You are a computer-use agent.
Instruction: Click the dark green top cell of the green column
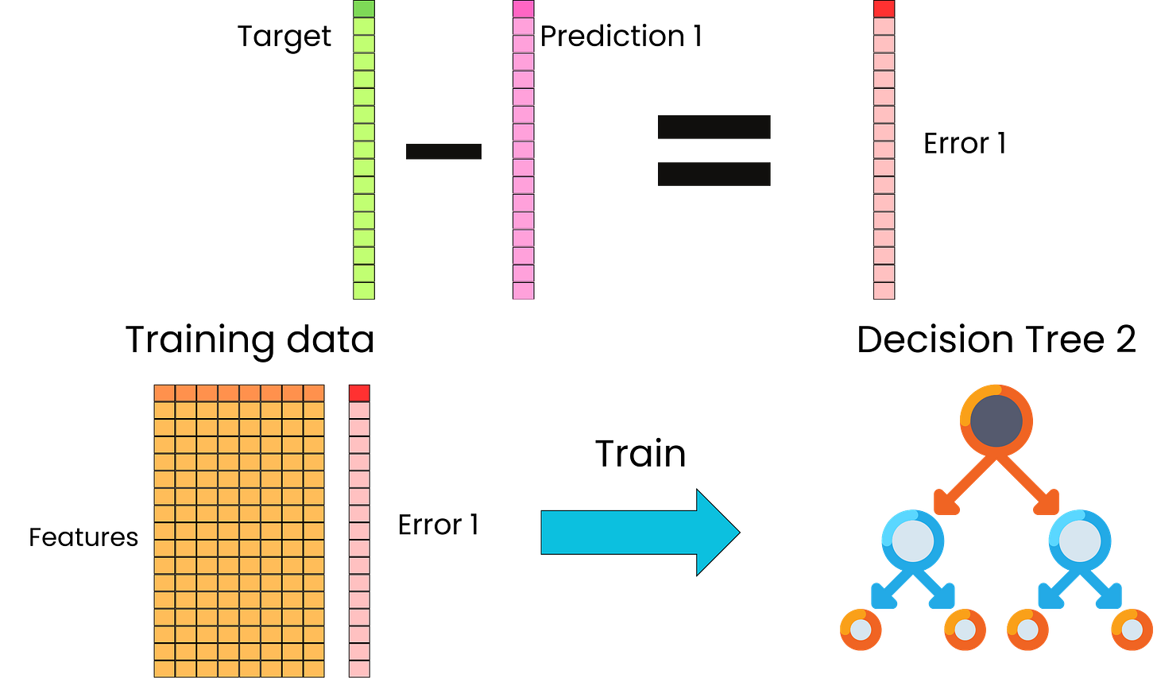[x=363, y=9]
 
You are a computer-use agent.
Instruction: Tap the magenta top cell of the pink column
[x=523, y=9]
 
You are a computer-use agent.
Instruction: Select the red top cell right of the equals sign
[x=883, y=9]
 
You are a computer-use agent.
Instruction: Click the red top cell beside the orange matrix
[x=359, y=393]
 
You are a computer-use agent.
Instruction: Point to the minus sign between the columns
[x=443, y=151]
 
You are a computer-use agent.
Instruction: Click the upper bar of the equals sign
[x=714, y=127]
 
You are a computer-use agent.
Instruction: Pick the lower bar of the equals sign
[x=714, y=174]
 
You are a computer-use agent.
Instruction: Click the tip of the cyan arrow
[x=734, y=532]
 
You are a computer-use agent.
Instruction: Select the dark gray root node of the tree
[x=996, y=420]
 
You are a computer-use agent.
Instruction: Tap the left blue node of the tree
[x=913, y=540]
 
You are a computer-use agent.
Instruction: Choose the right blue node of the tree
[x=1079, y=540]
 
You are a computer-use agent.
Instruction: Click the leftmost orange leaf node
[x=861, y=630]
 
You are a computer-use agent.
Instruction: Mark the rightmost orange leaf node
[x=1132, y=630]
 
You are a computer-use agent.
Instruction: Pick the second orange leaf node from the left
[x=965, y=630]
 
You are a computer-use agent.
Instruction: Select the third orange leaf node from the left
[x=1027, y=630]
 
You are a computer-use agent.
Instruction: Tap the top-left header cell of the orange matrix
[x=164, y=393]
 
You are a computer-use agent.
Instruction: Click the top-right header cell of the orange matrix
[x=314, y=393]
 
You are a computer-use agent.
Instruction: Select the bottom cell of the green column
[x=363, y=291]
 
